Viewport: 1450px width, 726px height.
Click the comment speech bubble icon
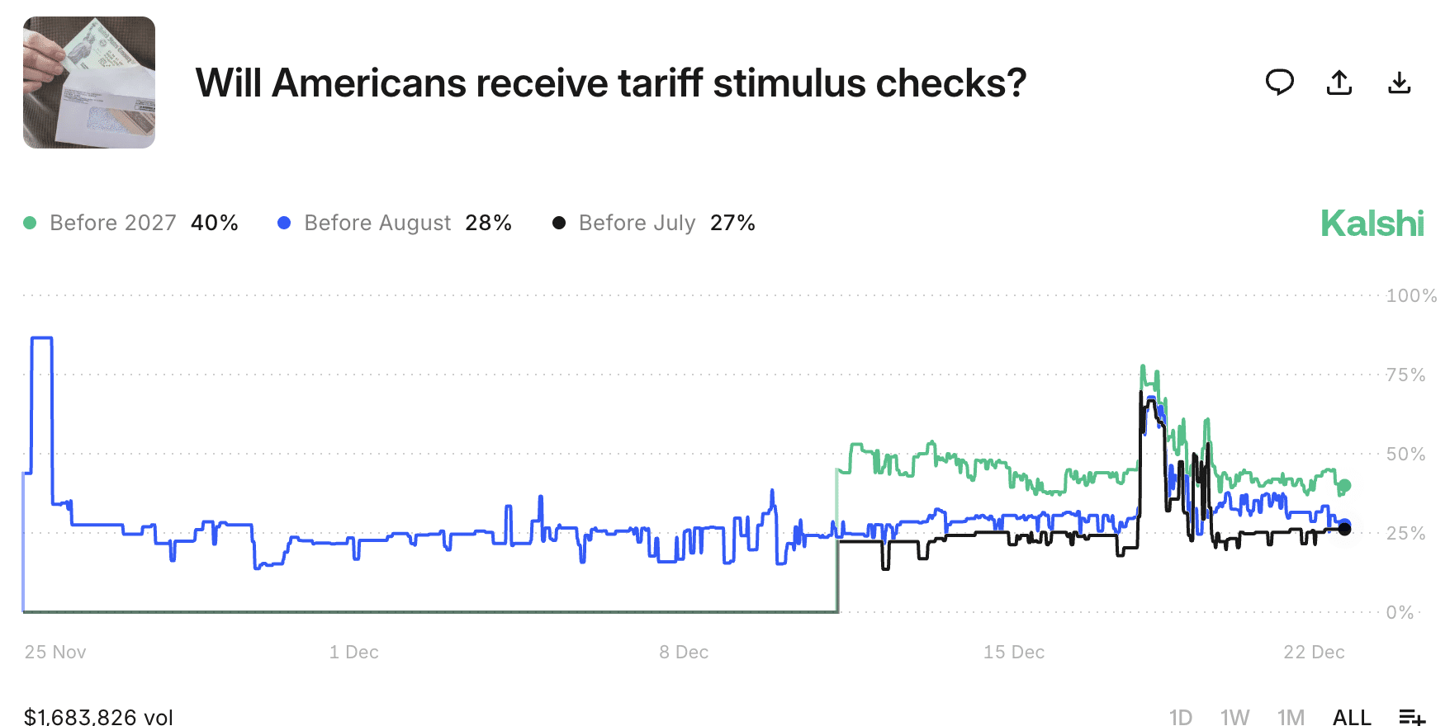coord(1279,82)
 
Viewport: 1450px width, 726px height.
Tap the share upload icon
coord(1339,82)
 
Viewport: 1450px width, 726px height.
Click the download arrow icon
coord(1400,82)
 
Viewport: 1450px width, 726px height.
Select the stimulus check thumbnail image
coord(89,82)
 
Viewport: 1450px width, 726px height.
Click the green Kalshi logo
coord(1372,223)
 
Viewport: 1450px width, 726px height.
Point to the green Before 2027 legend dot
coord(31,223)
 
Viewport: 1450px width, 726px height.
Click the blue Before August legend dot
coord(284,223)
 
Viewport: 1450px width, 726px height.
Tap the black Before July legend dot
coord(559,223)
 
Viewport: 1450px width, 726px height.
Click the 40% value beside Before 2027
coord(215,223)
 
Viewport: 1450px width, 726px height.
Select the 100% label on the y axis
coord(1411,295)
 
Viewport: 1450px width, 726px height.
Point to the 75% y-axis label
coord(1405,375)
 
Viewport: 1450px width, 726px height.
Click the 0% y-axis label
coord(1400,612)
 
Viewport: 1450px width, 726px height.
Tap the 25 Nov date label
coord(55,652)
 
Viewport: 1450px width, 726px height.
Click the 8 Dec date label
coord(684,652)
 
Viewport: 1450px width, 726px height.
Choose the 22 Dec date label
coord(1314,652)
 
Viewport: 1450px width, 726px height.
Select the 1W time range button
coord(1234,717)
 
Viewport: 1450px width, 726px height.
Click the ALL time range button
coord(1352,717)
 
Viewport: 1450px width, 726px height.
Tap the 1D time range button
coord(1181,717)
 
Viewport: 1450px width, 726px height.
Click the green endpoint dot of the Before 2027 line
coord(1344,485)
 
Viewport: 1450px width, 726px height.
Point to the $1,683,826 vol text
coord(98,717)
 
